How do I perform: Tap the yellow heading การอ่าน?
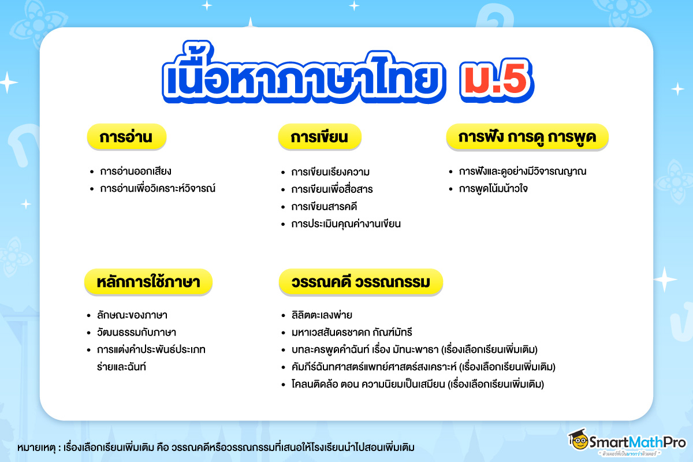pos(126,138)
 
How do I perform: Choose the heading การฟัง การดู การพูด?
pos(527,138)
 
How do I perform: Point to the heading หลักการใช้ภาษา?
pos(149,282)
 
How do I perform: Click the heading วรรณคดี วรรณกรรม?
pos(361,282)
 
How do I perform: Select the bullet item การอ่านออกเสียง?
pos(136,172)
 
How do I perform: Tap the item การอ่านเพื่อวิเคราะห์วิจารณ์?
pos(157,189)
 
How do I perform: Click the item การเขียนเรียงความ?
pos(330,172)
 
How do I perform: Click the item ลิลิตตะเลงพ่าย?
pos(322,315)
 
